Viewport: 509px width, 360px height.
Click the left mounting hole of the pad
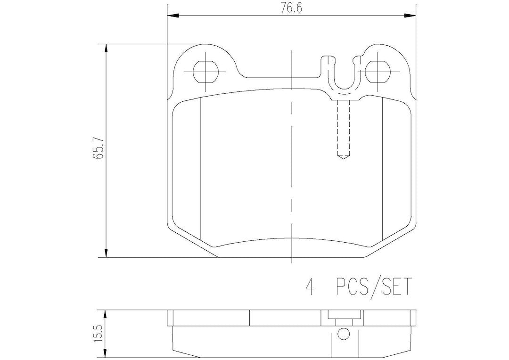(x=205, y=72)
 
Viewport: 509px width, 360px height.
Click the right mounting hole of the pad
(x=378, y=72)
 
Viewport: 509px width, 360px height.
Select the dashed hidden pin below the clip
(x=344, y=130)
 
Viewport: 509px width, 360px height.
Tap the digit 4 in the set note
(x=310, y=286)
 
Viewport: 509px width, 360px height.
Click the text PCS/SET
(x=373, y=286)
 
